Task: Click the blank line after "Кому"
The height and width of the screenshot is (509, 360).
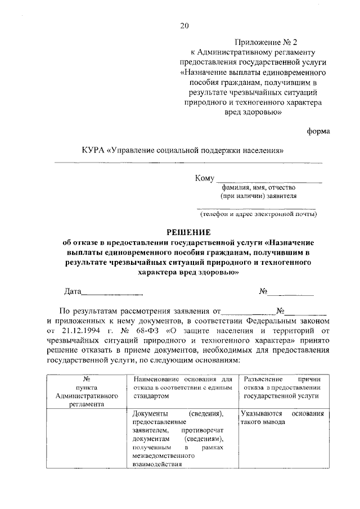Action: click(269, 179)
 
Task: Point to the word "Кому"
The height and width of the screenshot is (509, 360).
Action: click(205, 178)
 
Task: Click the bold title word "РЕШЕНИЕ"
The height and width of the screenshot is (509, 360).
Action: click(188, 232)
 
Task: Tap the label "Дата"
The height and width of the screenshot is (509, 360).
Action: click(73, 291)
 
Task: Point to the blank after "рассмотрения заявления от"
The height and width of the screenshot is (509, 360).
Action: click(249, 310)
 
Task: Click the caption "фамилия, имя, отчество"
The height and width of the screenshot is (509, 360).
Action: click(258, 188)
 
